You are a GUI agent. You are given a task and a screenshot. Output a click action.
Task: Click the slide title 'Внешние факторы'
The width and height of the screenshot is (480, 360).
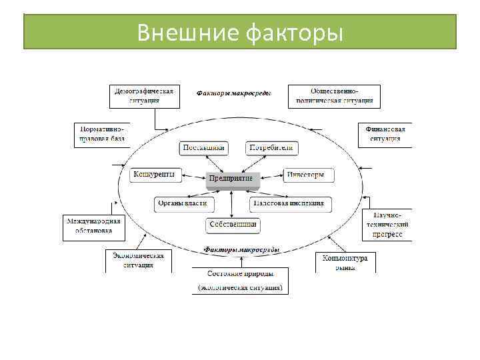point(240,32)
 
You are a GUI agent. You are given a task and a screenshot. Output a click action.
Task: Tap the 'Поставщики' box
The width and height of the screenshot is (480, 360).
point(203,148)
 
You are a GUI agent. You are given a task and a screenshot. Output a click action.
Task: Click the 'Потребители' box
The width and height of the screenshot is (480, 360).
point(271,148)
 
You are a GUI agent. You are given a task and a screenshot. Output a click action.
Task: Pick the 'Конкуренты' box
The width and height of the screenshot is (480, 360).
point(154,175)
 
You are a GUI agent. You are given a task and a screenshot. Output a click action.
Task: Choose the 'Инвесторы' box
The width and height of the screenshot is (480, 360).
point(305,175)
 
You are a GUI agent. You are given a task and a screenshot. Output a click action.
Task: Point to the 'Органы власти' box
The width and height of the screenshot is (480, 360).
point(181,203)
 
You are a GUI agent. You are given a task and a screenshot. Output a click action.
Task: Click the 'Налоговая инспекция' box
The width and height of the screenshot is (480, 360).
point(291,203)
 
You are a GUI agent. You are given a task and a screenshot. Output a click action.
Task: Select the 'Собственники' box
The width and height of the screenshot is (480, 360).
point(233,225)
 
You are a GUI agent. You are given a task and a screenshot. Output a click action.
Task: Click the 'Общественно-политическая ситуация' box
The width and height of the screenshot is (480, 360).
point(334,96)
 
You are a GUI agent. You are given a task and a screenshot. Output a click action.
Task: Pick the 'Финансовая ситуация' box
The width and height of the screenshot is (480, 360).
point(385,133)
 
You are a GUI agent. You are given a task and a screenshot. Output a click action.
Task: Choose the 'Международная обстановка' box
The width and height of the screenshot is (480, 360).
point(93,227)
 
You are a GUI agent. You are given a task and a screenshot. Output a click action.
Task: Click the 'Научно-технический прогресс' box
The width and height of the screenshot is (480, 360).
point(387,225)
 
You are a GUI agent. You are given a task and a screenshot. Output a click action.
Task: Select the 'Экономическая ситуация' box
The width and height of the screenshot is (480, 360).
point(138,260)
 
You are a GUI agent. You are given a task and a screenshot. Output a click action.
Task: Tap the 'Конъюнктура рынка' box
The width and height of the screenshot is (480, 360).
point(345,261)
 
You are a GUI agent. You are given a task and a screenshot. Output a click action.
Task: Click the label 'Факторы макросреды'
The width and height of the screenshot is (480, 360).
point(233,94)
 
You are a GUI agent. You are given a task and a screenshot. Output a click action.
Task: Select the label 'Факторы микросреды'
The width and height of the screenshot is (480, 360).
point(241,249)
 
